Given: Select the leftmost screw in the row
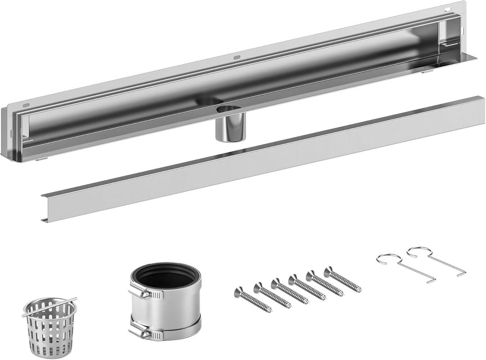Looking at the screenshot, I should point(252,301).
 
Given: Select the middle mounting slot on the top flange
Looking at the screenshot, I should point(236,57).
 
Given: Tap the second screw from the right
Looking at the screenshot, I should point(324,283).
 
